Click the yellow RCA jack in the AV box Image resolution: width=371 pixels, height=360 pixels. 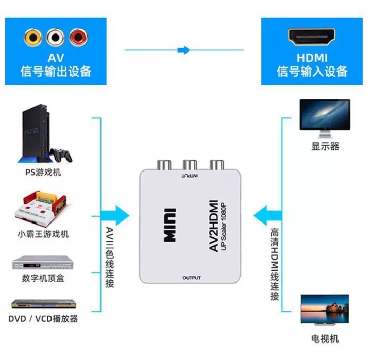click(32, 37)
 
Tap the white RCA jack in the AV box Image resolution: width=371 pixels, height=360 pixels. click(55, 37)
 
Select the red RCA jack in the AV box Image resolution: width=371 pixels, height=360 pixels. click(78, 37)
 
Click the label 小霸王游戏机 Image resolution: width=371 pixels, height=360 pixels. click(43, 234)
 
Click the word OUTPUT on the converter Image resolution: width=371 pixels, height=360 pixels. click(191, 278)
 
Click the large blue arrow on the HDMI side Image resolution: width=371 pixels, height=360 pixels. click(267, 214)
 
